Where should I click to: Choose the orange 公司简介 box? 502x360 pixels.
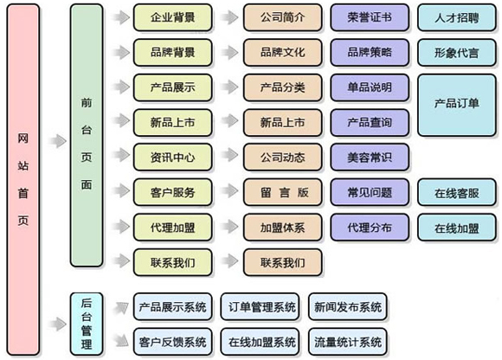282,16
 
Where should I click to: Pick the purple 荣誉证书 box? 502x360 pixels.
370,16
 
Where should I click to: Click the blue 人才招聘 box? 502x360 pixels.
456,16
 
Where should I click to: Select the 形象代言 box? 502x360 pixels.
456,52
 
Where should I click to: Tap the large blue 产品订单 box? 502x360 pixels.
456,103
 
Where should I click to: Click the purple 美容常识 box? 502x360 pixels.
370,157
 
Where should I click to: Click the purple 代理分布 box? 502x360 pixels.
370,227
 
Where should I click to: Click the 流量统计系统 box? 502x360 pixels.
346,340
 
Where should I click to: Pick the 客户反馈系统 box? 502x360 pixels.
171,340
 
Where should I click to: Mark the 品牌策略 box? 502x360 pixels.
370,52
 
